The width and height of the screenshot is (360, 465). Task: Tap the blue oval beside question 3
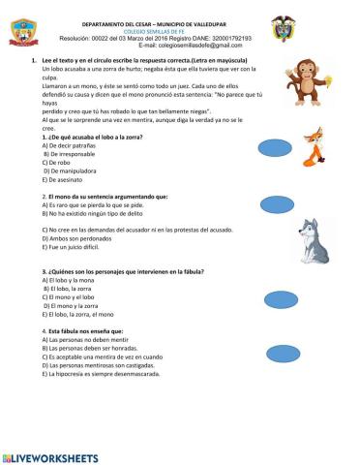[281, 297]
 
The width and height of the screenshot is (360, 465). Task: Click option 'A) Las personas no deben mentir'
[90, 341]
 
